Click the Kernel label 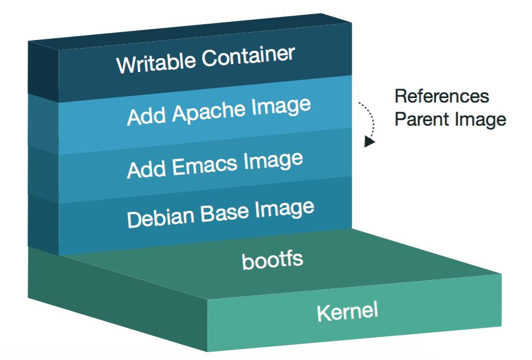click(347, 312)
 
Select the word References click(441, 96)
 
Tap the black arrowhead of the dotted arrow click(369, 141)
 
